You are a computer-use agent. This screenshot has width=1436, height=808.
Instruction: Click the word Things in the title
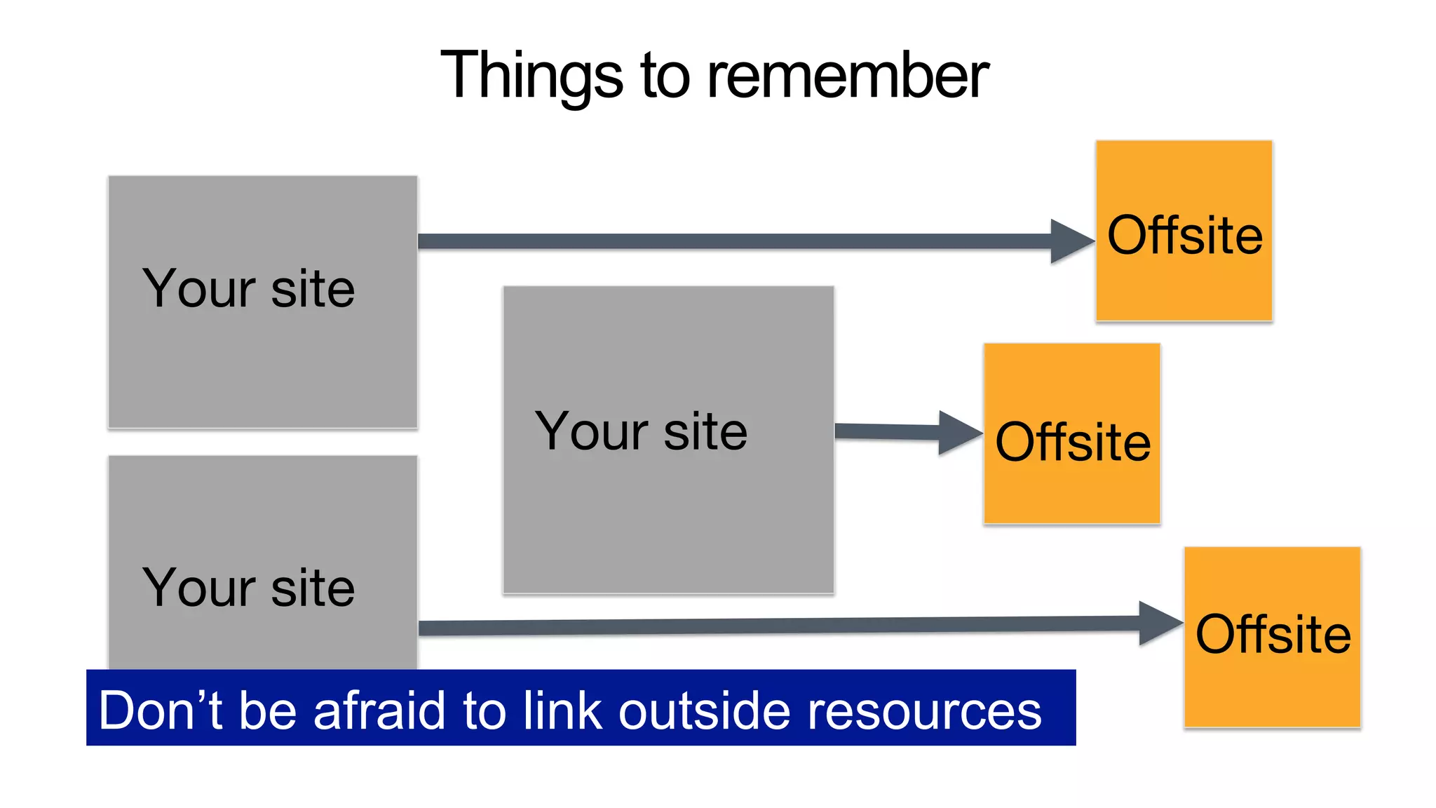coord(531,76)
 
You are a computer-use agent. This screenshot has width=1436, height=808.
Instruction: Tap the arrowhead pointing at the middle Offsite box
coord(959,433)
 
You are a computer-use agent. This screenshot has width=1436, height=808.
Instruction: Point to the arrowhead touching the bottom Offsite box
coord(1158,623)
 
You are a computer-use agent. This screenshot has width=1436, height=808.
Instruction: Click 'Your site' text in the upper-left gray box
coord(249,289)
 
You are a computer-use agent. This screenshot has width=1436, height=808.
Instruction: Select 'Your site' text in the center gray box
coord(641,431)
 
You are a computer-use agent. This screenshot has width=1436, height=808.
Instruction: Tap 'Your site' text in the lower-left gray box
coord(249,588)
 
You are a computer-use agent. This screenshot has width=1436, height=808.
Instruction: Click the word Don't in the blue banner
coord(161,711)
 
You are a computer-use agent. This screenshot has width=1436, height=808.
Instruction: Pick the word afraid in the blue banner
coord(379,711)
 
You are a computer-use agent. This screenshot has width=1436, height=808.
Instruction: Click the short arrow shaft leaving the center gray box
coord(887,431)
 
